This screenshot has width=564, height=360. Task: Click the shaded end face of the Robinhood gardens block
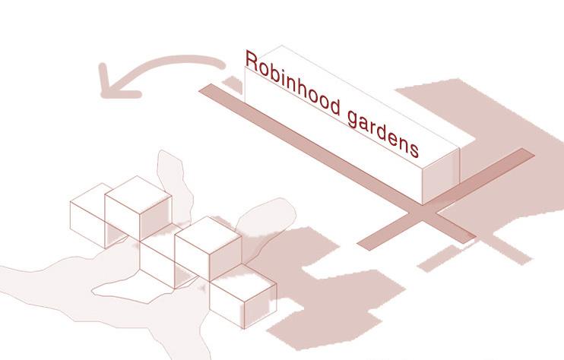pos(441,175)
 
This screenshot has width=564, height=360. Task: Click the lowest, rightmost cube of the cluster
pos(242,300)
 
